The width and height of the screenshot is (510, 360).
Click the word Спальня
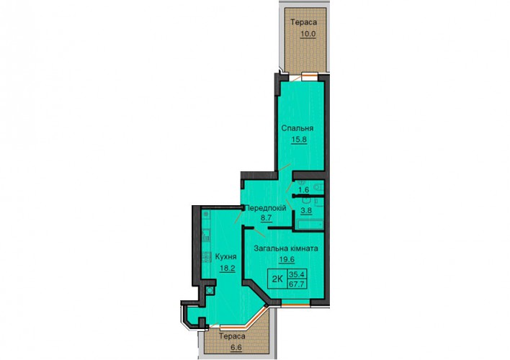click(297, 128)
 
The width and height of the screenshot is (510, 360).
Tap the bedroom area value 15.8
click(299, 140)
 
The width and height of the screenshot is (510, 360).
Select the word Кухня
click(225, 257)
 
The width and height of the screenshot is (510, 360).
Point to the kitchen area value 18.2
click(228, 269)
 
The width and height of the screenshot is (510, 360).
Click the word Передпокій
click(265, 208)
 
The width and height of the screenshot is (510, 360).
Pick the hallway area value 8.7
click(266, 218)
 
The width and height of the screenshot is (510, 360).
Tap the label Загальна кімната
click(286, 249)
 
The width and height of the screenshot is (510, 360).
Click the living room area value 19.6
click(287, 259)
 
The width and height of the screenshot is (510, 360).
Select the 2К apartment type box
click(277, 279)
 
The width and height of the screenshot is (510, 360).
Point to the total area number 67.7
click(297, 284)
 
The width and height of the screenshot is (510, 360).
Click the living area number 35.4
click(297, 274)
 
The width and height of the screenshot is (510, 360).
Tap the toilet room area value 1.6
click(303, 189)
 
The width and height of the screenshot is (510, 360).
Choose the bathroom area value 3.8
click(306, 210)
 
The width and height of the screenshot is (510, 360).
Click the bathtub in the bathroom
click(310, 224)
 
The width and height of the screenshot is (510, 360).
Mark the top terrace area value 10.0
click(308, 34)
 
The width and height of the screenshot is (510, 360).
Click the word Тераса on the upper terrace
click(304, 22)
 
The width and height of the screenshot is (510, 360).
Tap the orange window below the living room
click(295, 304)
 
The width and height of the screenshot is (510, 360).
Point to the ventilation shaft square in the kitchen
click(210, 290)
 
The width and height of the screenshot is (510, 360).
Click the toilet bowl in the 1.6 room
click(318, 187)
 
